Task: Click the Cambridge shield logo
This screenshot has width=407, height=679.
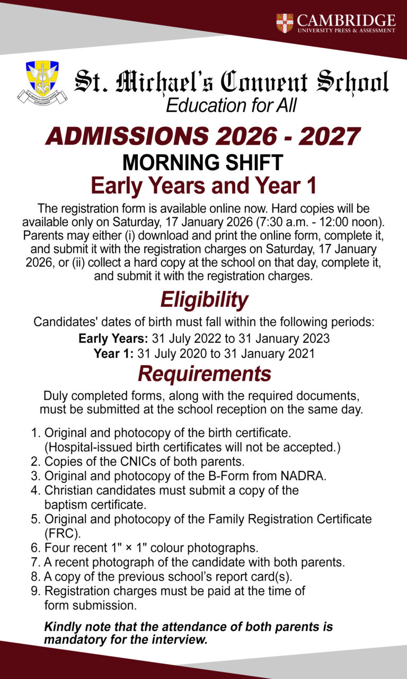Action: (285, 23)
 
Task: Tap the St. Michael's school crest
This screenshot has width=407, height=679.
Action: (42, 81)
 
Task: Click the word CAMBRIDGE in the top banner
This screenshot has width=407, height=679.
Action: (346, 20)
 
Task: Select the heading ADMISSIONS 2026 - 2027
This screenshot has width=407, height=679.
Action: (203, 137)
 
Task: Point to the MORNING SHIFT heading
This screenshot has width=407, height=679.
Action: (203, 162)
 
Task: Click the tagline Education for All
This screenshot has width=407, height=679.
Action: (231, 105)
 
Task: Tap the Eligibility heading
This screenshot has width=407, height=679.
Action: (204, 300)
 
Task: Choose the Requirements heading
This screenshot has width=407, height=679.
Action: (204, 374)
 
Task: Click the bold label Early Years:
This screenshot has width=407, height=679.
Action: (113, 338)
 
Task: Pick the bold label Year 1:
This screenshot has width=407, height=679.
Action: (113, 354)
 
